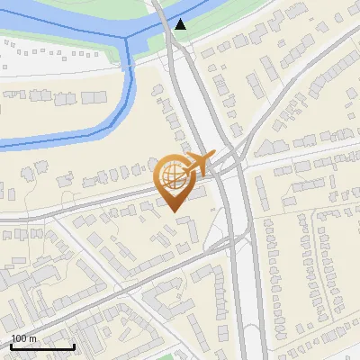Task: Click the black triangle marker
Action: tap(182, 24)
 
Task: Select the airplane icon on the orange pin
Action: tap(201, 164)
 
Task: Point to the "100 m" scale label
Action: tap(23, 338)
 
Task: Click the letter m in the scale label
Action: tap(32, 338)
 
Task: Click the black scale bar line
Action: tap(42, 346)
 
